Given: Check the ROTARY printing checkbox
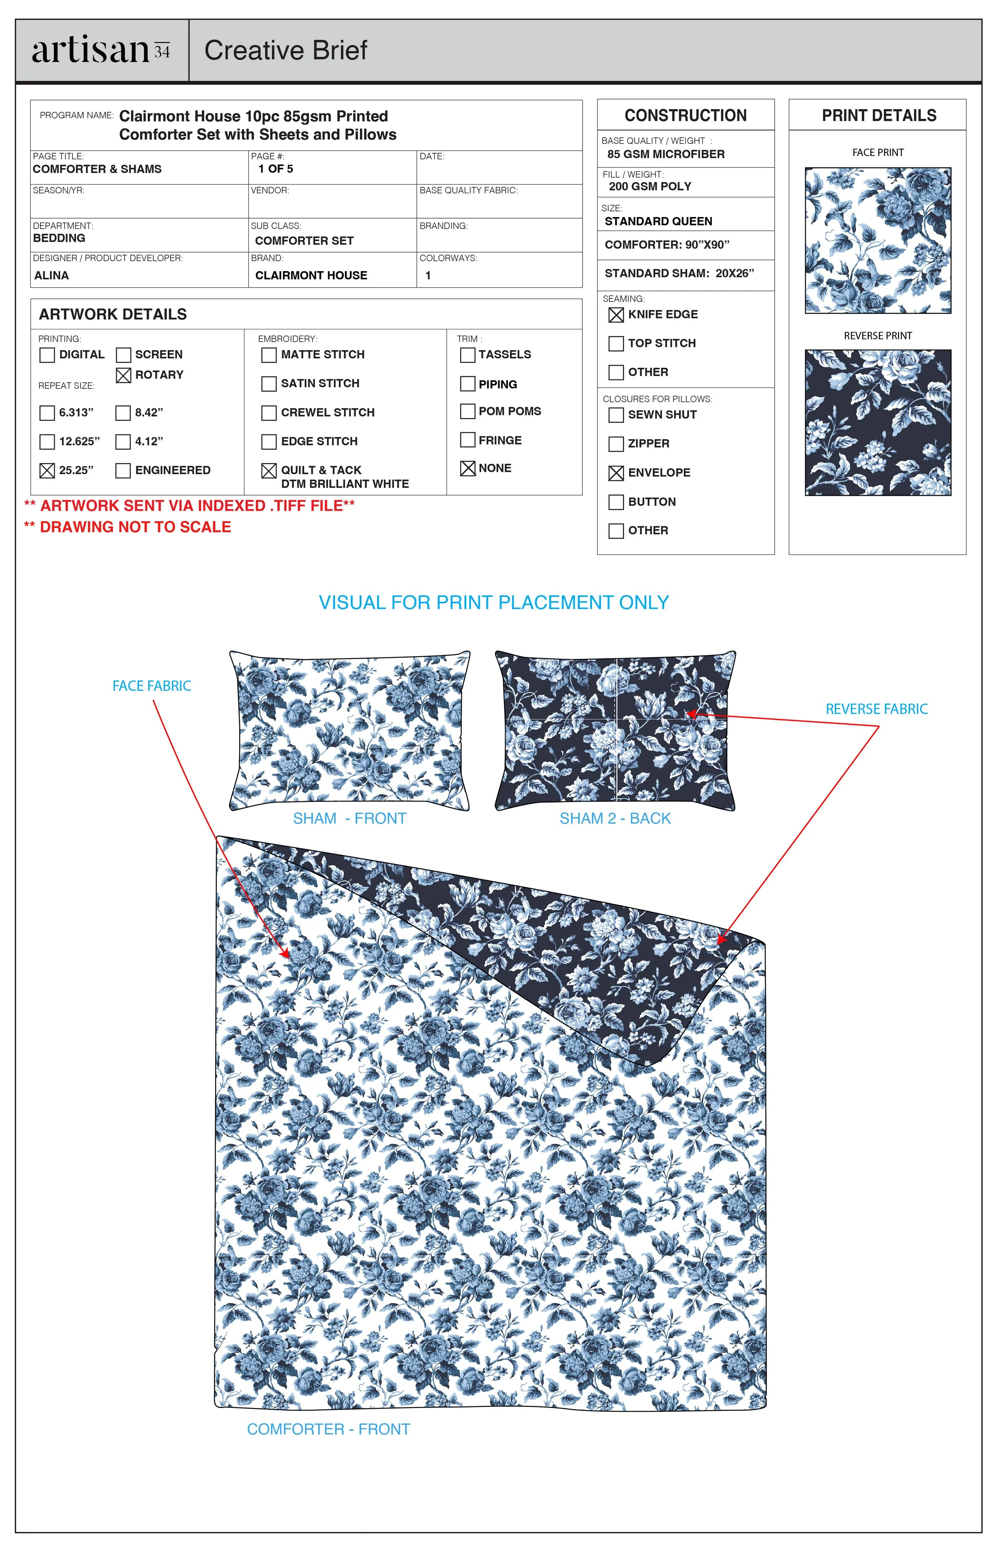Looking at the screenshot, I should (x=123, y=376).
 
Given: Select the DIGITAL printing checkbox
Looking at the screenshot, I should (x=47, y=355).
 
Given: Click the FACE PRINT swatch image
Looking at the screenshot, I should (x=877, y=240).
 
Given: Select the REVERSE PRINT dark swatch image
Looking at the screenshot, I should (x=877, y=423).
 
